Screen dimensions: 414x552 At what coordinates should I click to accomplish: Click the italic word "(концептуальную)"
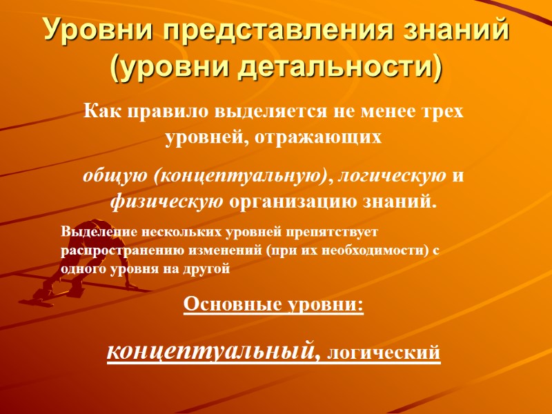tap(239, 176)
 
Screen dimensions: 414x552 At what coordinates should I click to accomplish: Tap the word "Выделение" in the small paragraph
tap(93, 233)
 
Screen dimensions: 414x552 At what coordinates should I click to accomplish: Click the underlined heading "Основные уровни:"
tap(273, 305)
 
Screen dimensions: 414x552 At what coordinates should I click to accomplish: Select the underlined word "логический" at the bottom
tap(382, 353)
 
